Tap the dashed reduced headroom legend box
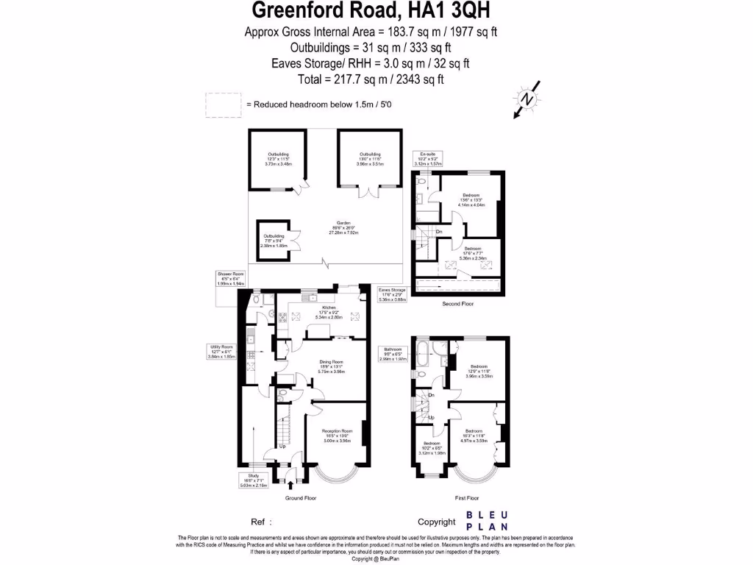(x=223, y=104)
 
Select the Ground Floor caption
(x=301, y=498)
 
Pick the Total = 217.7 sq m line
(x=376, y=79)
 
